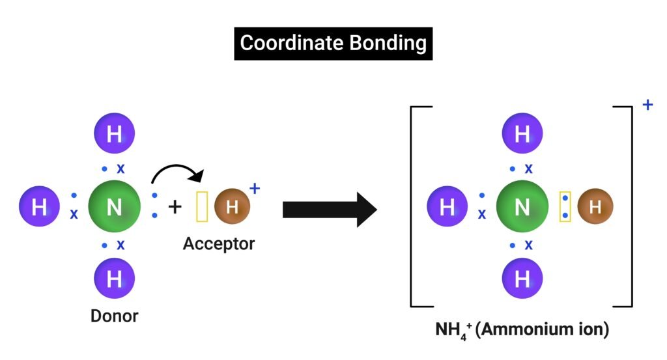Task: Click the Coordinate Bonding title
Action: click(x=333, y=44)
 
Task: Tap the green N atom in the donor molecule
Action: click(x=114, y=207)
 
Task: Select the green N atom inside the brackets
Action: click(x=522, y=207)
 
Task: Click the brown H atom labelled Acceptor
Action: click(x=232, y=207)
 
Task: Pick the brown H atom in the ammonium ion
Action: click(x=595, y=207)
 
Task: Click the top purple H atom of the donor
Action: click(x=114, y=134)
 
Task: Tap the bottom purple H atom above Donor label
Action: click(x=114, y=279)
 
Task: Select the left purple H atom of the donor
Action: click(x=39, y=207)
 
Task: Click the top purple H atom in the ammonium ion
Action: click(x=522, y=134)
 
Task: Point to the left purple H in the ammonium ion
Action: click(x=447, y=207)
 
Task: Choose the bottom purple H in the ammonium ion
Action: click(x=522, y=279)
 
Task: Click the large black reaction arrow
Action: click(x=329, y=209)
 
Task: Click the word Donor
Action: click(x=114, y=316)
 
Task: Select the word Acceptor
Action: click(x=219, y=244)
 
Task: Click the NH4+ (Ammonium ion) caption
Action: click(x=522, y=330)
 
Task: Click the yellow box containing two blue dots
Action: click(x=565, y=207)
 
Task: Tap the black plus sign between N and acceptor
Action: click(x=175, y=207)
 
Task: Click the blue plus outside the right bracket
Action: click(x=647, y=104)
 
